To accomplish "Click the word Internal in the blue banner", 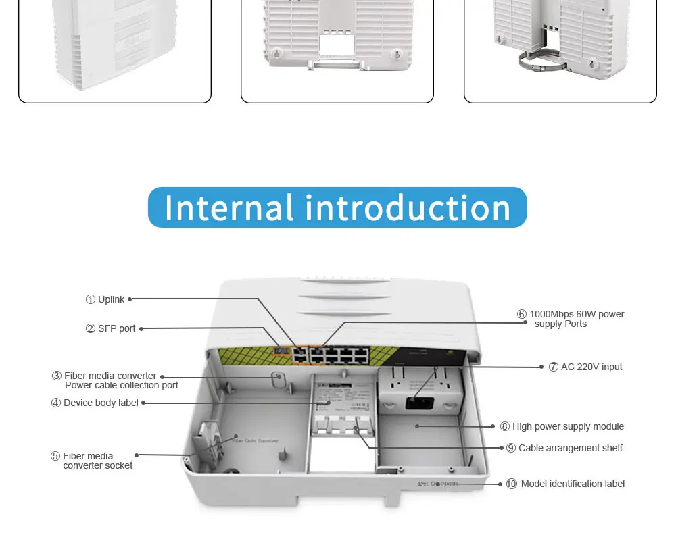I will pos(228,208).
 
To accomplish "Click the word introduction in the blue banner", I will pos(408,208).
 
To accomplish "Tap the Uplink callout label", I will pos(111,299).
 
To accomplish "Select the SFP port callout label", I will pos(116,328).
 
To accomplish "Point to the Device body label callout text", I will pos(101,403).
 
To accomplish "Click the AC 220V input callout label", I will pos(591,367).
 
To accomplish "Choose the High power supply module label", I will pos(568,426).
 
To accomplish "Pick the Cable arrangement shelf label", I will pos(571,448).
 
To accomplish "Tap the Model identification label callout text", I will pos(573,484).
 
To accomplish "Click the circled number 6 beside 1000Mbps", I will pos(522,314).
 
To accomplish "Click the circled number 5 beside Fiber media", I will pos(55,456).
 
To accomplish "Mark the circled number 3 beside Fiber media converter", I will pos(57,376).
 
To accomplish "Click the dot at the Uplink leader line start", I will pos(130,299).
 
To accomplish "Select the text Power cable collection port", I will pos(122,385).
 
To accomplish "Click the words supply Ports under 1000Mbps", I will pos(560,324).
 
